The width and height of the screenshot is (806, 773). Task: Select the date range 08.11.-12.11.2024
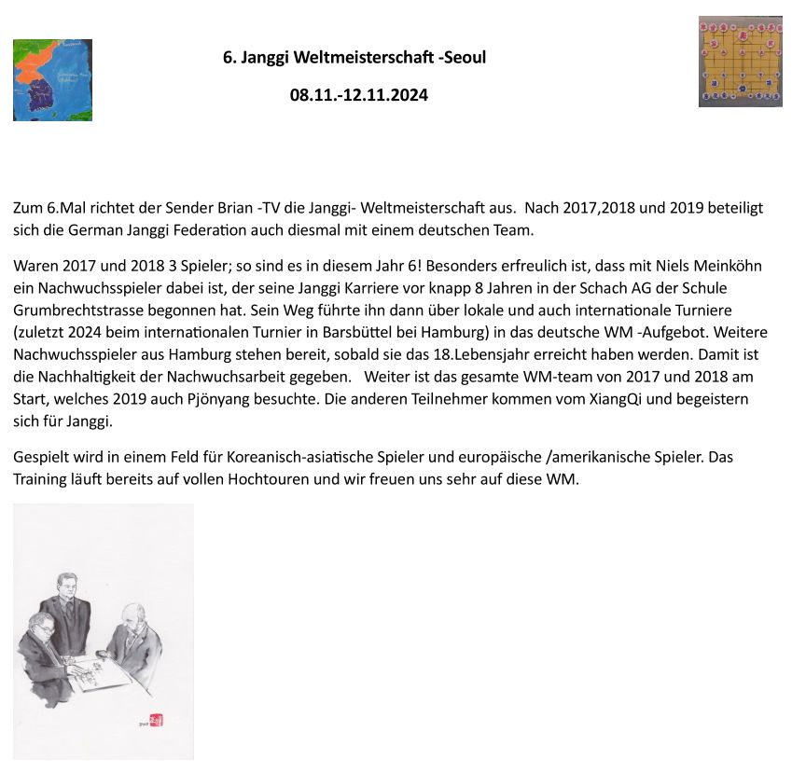coord(358,94)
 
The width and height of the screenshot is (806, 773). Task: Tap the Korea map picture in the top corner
coord(52,80)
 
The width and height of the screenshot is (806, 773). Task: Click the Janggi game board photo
coord(740,62)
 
